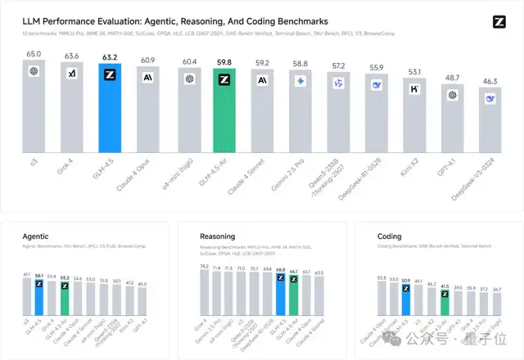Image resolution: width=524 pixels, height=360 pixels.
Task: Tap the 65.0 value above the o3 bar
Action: click(x=34, y=54)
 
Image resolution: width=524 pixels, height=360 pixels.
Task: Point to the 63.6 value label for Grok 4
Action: click(x=72, y=56)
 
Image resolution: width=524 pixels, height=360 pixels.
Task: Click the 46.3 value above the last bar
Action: click(x=490, y=82)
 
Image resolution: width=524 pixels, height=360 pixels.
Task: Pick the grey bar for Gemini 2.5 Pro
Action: click(x=300, y=115)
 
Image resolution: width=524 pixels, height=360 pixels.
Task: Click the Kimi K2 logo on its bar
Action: click(x=414, y=88)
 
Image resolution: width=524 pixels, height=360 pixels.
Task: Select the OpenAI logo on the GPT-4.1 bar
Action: click(x=452, y=95)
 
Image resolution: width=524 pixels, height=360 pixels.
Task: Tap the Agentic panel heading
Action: click(x=36, y=236)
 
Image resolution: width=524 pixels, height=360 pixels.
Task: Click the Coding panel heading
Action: click(x=390, y=236)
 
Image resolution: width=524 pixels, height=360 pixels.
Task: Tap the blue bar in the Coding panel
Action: click(x=405, y=300)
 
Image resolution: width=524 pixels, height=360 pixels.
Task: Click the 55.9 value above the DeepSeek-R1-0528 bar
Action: click(x=377, y=67)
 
